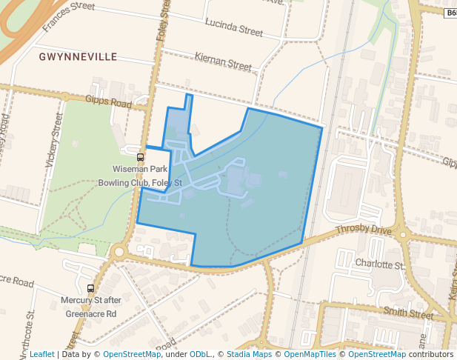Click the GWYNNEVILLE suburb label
[78, 56]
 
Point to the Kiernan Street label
[223, 61]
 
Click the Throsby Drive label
[363, 230]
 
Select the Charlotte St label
[379, 264]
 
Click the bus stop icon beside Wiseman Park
[140, 157]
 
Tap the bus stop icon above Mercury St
[91, 288]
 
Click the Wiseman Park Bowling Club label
[141, 176]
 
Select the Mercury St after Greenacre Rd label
[90, 307]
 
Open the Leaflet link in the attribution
[41, 354]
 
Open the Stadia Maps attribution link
[249, 354]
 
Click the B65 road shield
[451, 13]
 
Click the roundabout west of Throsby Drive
[119, 252]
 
